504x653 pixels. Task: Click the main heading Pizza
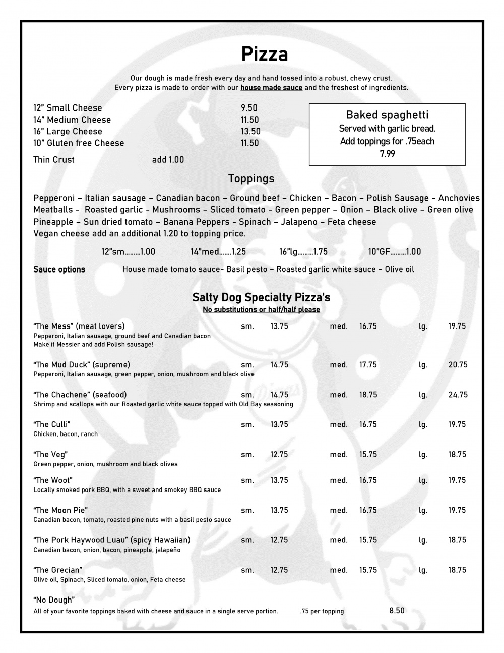tap(264, 54)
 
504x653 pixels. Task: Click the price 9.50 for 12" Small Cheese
tap(249, 108)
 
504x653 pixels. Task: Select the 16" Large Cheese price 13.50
tap(250, 131)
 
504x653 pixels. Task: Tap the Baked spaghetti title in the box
tap(387, 115)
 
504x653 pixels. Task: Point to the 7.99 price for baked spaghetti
tap(387, 154)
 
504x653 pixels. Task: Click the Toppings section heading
tap(251, 179)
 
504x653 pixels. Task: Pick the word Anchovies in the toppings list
tap(459, 198)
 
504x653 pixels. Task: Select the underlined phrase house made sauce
tap(271, 88)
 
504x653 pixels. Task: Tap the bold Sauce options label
tap(59, 269)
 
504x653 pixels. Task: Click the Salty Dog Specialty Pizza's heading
tap(261, 297)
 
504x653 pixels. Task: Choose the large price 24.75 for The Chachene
tap(458, 395)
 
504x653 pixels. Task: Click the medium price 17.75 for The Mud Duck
tap(368, 365)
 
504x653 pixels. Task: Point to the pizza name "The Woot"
tap(53, 480)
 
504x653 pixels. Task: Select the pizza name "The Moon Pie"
tap(60, 510)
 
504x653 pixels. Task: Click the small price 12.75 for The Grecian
tap(279, 570)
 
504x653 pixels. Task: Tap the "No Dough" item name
tap(54, 600)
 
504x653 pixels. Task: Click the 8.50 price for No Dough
tap(397, 611)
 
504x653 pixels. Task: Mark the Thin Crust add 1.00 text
tap(168, 160)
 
